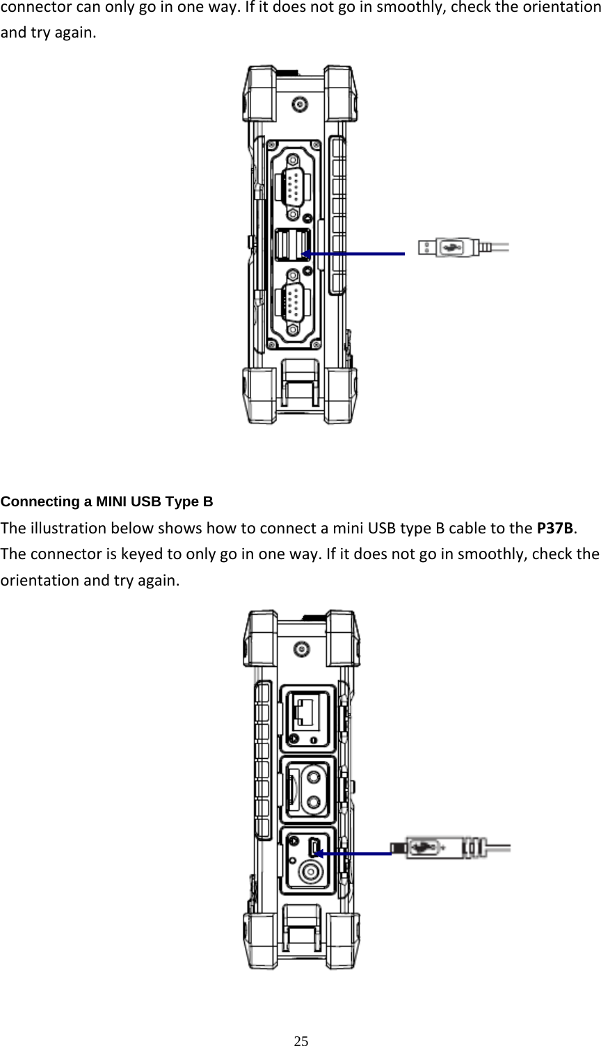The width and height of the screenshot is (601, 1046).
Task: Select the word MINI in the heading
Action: (111, 501)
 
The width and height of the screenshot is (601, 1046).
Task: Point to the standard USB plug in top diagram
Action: (446, 247)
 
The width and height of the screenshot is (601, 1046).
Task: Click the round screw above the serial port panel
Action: (299, 105)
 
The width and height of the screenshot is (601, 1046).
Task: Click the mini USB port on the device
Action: (313, 846)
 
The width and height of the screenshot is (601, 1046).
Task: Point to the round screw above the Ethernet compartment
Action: (300, 650)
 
